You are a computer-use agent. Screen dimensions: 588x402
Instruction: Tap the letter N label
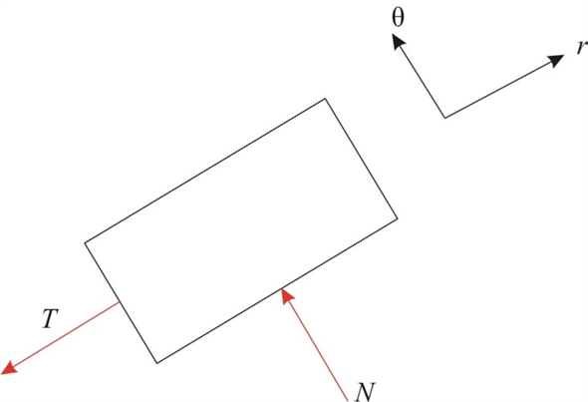pos(364,390)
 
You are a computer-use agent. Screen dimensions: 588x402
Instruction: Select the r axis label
pos(580,49)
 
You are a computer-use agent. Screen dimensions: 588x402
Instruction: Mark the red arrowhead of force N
pos(286,294)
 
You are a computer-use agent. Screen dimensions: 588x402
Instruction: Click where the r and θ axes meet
pos(444,118)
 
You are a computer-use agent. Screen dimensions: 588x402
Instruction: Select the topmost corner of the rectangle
pos(325,99)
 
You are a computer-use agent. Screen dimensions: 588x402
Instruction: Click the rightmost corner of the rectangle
pos(398,217)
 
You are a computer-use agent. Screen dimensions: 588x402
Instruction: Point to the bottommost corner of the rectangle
pos(156,363)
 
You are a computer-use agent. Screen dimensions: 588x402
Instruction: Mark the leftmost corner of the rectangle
pos(85,241)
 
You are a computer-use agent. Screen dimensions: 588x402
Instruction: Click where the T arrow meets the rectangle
pos(121,302)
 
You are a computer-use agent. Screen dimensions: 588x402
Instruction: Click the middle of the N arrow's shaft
pos(316,339)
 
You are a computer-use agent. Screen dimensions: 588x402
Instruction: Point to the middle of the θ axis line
pos(421,78)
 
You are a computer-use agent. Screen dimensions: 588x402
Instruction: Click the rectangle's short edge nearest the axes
pos(362,159)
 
